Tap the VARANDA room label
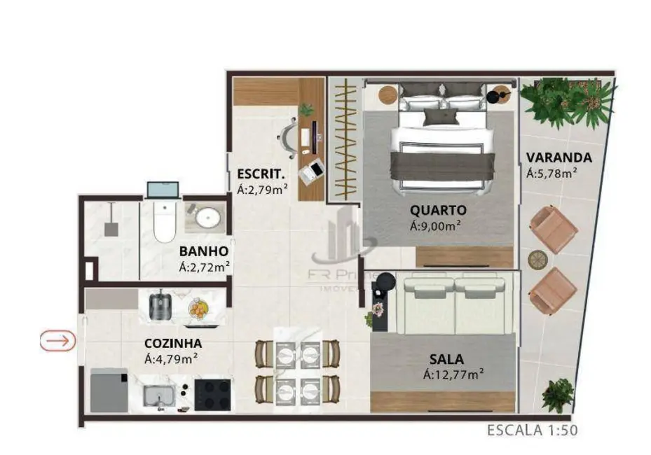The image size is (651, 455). point(559,157)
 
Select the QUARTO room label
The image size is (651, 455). point(438,210)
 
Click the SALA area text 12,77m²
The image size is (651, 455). point(454,375)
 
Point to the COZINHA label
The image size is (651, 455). point(173,344)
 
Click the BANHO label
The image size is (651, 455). point(203,251)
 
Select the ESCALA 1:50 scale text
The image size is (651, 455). point(533,430)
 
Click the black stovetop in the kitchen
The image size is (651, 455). point(213,393)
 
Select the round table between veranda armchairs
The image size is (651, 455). point(537,260)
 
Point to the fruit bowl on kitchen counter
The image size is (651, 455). point(198,308)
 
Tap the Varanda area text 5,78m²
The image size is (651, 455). point(551,173)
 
